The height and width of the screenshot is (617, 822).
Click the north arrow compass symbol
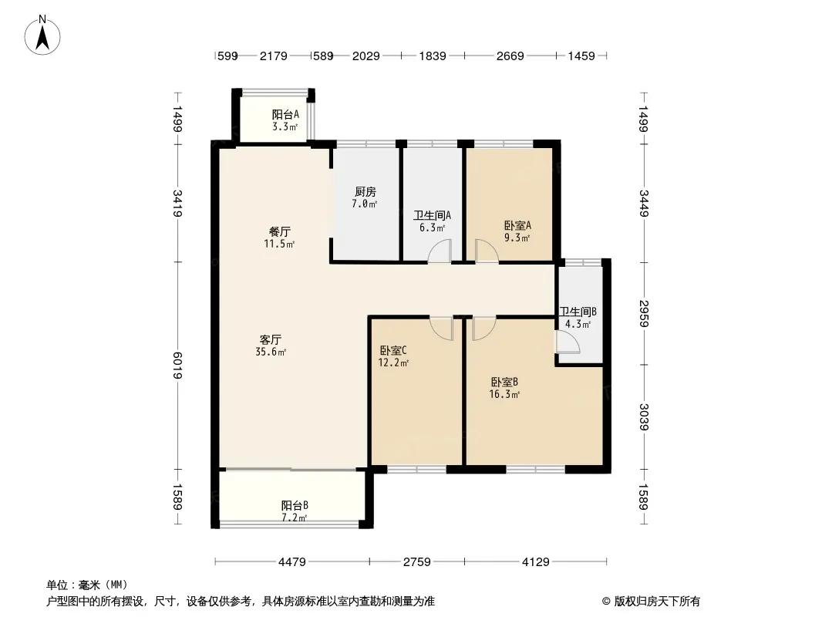[42, 35]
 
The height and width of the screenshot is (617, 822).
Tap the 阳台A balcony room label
[286, 114]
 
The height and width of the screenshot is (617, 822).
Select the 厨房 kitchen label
[365, 192]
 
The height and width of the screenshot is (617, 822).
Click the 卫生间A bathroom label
[432, 215]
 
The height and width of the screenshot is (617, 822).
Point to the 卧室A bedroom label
[517, 225]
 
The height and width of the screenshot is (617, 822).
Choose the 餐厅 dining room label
[279, 231]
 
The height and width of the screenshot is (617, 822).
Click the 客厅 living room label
[271, 339]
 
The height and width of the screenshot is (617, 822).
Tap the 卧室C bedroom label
[393, 350]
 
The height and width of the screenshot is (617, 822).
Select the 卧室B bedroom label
[504, 382]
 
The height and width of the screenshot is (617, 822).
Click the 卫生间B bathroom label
[578, 312]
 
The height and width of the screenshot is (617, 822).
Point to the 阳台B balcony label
[295, 505]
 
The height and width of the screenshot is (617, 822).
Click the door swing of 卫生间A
[440, 251]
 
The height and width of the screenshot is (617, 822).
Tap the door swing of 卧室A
[486, 251]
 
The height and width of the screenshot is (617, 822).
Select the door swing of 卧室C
[442, 328]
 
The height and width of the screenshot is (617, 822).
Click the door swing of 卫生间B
[568, 342]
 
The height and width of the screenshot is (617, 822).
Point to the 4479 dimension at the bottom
[292, 562]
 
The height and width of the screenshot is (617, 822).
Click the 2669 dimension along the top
[510, 56]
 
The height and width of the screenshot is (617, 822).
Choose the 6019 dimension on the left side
[177, 366]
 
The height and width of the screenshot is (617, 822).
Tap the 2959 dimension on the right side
[645, 313]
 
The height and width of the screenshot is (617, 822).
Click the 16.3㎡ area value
[504, 394]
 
